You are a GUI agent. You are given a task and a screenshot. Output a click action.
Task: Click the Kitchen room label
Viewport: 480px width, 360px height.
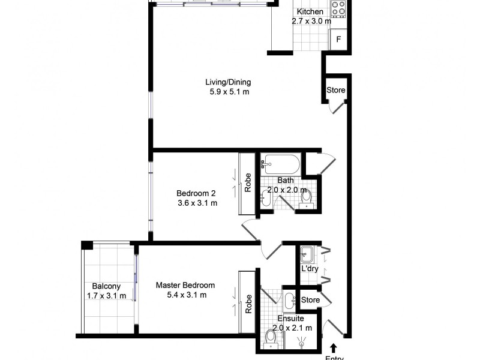point(310,11)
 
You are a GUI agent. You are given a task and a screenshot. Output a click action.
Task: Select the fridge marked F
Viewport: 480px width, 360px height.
point(338,40)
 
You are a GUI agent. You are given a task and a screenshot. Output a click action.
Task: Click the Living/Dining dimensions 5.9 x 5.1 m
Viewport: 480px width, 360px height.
point(228,92)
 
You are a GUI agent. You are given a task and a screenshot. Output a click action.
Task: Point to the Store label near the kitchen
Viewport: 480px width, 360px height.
point(335,90)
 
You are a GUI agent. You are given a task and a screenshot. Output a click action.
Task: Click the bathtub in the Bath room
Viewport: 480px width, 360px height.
point(280,163)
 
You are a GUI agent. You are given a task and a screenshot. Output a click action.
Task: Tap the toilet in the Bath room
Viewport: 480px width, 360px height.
point(306,196)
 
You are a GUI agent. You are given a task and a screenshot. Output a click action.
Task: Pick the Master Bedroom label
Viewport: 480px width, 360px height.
point(185,285)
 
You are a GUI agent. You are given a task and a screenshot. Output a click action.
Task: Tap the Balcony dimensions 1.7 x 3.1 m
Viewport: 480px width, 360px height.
point(107,296)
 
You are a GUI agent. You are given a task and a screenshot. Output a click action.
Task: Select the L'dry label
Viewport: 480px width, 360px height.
point(310,269)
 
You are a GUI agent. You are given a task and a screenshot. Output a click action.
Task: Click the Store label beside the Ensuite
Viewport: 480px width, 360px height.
point(310,299)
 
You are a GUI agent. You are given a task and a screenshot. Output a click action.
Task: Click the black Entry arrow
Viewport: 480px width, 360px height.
point(334,347)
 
